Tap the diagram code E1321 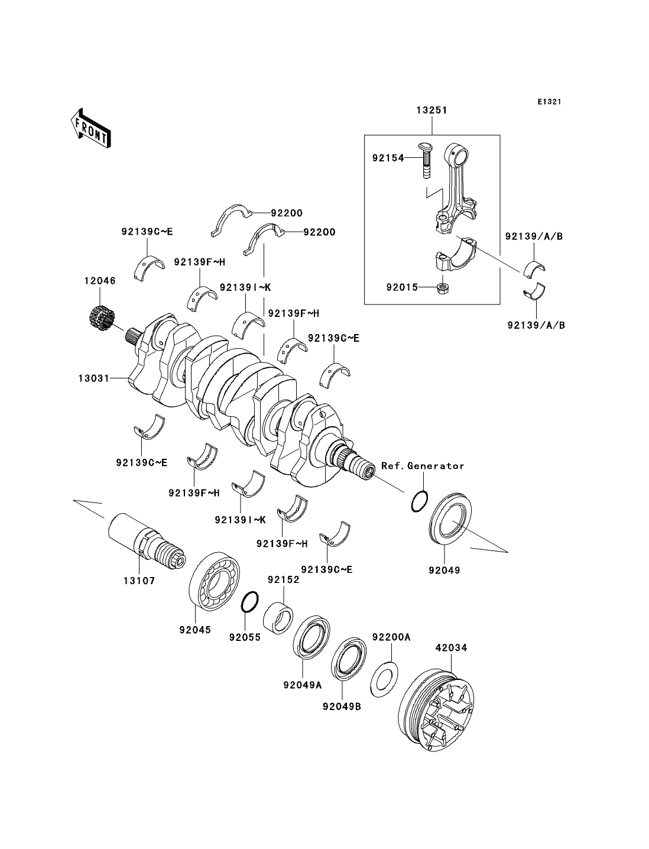pos(549,102)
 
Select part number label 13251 pos(432,110)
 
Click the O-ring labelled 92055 pos(250,602)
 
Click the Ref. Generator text pos(423,466)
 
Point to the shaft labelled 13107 pos(147,542)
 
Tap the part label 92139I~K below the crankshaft pos(240,519)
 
